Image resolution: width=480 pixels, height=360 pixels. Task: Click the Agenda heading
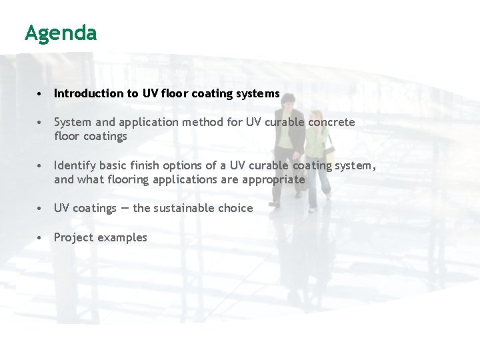[x=61, y=33]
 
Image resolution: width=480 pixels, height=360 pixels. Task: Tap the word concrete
[x=331, y=123]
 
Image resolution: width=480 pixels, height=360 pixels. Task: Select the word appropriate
[x=274, y=179]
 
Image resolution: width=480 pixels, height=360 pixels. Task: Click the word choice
[x=235, y=208]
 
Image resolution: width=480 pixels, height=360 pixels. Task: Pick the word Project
[x=74, y=237]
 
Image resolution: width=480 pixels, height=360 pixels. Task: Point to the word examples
[x=123, y=237]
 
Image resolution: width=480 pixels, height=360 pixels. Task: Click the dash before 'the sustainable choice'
[x=125, y=208]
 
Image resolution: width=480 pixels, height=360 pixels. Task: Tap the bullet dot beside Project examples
[x=41, y=237]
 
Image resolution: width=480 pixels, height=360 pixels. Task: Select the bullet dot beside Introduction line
[x=41, y=94]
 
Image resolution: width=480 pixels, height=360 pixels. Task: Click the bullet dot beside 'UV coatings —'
[x=41, y=208]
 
